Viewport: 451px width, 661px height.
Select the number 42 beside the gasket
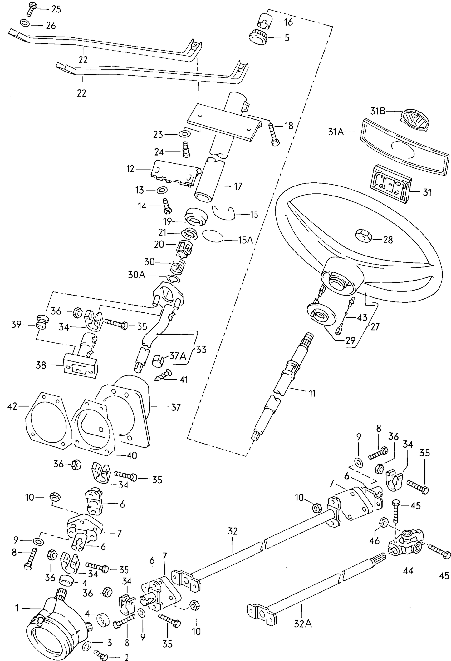coord(12,406)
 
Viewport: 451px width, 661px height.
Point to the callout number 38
coord(41,365)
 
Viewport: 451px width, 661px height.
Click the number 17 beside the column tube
coord(238,186)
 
